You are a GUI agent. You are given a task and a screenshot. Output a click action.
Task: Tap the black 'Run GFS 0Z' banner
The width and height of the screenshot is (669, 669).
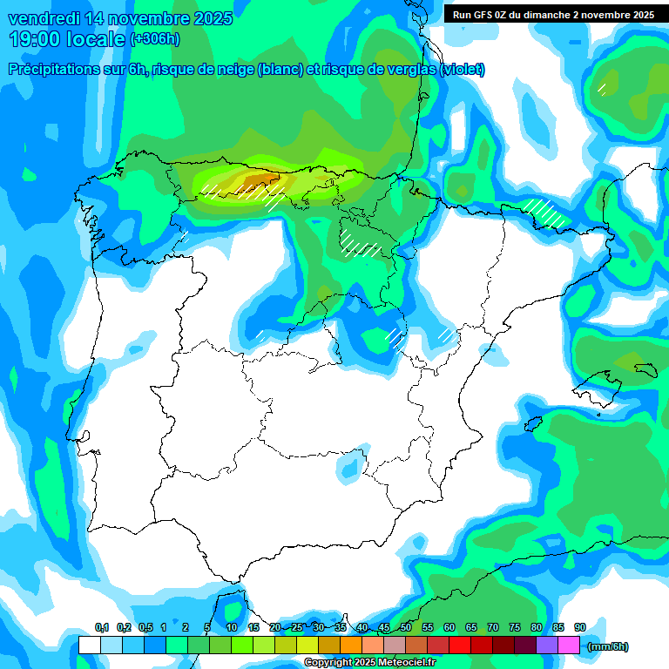553,15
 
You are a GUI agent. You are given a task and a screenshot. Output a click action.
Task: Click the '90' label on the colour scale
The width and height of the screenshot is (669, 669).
580,628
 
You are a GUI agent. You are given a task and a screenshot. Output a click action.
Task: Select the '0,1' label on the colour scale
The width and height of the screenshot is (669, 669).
102,628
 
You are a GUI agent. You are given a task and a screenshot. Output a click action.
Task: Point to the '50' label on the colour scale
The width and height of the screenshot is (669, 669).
406,628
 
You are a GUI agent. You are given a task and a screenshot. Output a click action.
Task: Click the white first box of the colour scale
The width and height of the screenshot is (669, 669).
89,645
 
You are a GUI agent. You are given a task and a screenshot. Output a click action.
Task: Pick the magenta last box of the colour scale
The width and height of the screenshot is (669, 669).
569,645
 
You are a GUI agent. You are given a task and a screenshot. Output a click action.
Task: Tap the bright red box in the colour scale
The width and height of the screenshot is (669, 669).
460,645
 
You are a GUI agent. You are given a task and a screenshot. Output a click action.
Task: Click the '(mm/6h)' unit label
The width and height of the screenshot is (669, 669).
608,646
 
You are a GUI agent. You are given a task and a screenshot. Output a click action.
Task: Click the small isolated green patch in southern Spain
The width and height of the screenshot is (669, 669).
348,469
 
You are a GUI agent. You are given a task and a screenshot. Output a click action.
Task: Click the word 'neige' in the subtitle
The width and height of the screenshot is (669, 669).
277,70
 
